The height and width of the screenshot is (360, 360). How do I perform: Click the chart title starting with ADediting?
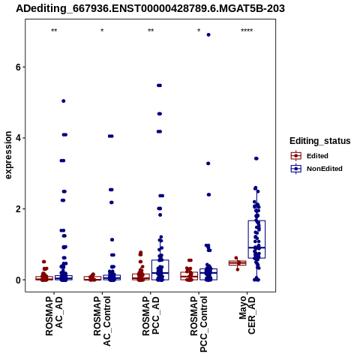pyautogui.click(x=150, y=9)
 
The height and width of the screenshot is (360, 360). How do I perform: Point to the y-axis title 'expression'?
pyautogui.click(x=8, y=155)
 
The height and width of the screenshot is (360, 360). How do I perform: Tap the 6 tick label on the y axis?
pyautogui.click(x=18, y=67)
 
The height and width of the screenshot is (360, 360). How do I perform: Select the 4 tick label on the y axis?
pyautogui.click(x=18, y=138)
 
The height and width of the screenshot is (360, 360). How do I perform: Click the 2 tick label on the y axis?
pyautogui.click(x=18, y=208)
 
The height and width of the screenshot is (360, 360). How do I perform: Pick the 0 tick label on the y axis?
pyautogui.click(x=18, y=280)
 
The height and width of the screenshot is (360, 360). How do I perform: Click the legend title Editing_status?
pyautogui.click(x=320, y=141)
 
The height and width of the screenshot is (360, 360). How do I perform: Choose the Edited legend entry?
pyautogui.click(x=310, y=156)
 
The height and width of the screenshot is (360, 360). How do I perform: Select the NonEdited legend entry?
pyautogui.click(x=316, y=169)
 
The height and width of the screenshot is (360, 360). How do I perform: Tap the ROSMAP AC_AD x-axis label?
pyautogui.click(x=54, y=316)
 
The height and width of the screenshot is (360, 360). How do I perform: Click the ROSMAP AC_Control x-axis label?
pyautogui.click(x=102, y=321)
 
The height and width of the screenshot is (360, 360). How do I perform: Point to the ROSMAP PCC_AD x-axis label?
pyautogui.click(x=151, y=316)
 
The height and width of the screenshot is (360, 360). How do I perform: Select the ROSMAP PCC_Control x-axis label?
pyautogui.click(x=199, y=324)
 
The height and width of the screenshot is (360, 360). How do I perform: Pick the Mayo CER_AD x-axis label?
pyautogui.click(x=247, y=315)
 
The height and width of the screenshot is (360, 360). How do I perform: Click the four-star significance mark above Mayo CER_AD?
pyautogui.click(x=247, y=31)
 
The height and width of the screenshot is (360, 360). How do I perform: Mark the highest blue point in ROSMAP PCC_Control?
pyautogui.click(x=208, y=34)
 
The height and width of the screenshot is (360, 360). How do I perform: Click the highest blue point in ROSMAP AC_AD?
pyautogui.click(x=64, y=101)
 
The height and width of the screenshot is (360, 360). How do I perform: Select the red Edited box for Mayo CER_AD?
pyautogui.click(x=238, y=263)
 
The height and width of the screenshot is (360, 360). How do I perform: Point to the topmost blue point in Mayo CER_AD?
pyautogui.click(x=256, y=158)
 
